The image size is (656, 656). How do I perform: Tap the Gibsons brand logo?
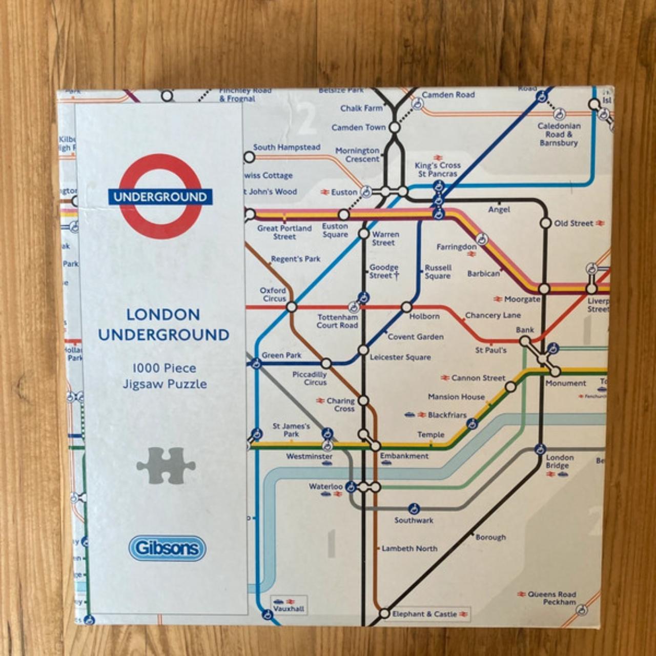167,548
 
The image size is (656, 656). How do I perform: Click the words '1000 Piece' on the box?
164,368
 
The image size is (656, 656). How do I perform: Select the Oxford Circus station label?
274,295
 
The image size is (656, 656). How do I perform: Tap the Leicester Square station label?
400,357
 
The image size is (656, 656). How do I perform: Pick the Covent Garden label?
416,337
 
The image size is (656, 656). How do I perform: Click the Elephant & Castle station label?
424,614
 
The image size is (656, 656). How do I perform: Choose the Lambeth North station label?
409,548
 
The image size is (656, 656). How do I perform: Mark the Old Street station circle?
545,223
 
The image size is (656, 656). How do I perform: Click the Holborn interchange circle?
406,307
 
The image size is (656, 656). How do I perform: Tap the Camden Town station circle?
395,127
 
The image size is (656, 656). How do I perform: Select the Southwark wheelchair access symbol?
414,509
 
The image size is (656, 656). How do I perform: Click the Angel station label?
499,210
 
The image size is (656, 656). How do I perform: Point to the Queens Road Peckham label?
551,598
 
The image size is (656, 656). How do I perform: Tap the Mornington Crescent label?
357,155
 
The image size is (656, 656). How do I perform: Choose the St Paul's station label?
490,351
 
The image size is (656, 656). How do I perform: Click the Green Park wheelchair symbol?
256,364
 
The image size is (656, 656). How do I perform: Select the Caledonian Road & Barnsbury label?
559,134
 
